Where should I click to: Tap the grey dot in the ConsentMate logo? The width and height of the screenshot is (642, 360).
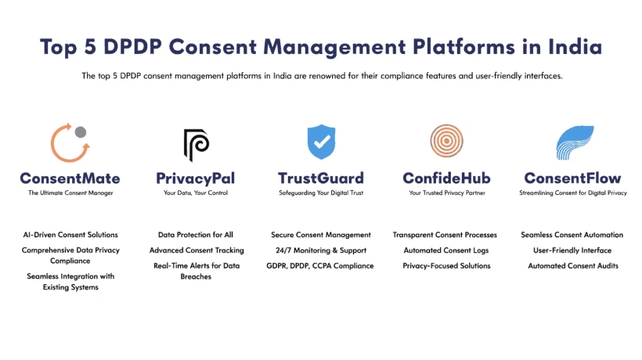[81, 131]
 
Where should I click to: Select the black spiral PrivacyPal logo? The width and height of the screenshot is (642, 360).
[196, 145]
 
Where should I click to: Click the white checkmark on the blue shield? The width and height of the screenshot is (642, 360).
[322, 142]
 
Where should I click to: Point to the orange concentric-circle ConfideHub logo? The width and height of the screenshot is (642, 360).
[447, 141]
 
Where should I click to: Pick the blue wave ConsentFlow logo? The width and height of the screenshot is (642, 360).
[575, 142]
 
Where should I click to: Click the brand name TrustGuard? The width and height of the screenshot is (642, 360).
[321, 178]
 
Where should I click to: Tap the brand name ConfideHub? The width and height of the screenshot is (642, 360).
[447, 178]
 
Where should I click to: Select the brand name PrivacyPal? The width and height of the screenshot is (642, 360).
[195, 178]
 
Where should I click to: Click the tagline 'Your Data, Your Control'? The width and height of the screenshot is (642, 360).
[196, 193]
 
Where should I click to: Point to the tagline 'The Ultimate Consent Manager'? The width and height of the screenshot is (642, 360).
[70, 193]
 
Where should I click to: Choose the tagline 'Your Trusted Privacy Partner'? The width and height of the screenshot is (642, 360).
[447, 193]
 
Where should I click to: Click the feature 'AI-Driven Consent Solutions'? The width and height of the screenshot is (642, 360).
[70, 235]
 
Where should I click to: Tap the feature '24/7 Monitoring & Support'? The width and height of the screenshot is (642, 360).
[321, 250]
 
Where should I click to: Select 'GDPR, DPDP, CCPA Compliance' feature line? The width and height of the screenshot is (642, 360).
[320, 266]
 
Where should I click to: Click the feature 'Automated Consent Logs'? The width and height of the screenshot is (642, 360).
[446, 250]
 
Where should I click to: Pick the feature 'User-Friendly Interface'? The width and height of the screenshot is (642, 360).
[572, 250]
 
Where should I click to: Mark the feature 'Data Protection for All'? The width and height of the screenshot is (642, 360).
[196, 235]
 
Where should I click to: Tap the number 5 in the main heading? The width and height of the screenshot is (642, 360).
[90, 47]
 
